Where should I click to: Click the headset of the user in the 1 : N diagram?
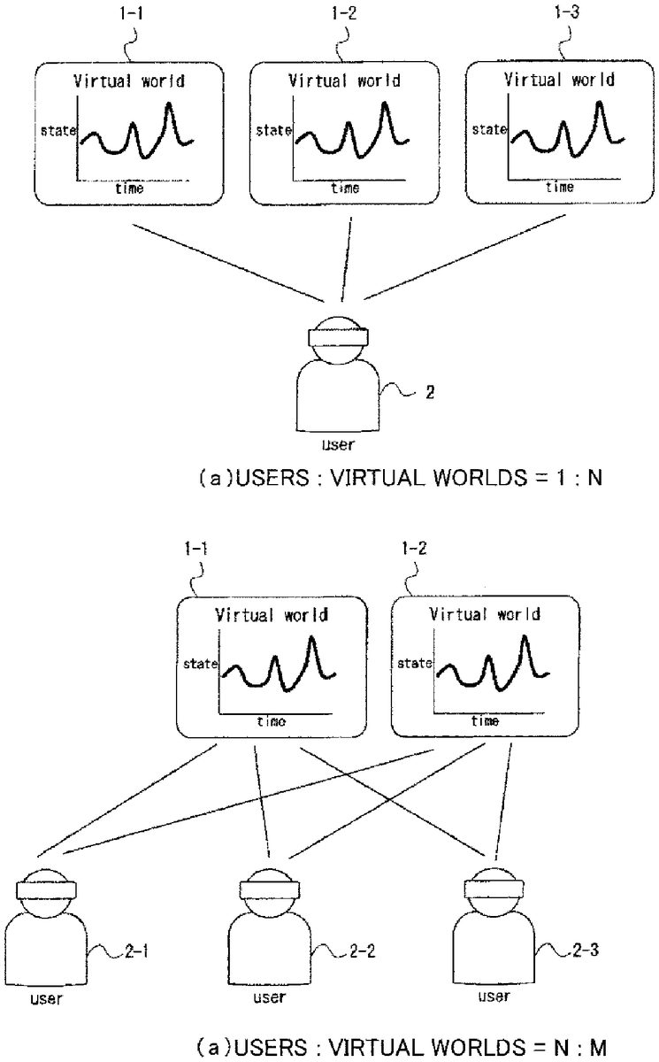tap(338, 335)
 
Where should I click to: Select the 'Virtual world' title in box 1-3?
tap(559, 79)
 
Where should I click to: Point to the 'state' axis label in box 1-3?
tap(488, 129)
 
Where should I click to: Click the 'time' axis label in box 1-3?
tap(559, 187)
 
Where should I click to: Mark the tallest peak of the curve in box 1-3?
tap(601, 104)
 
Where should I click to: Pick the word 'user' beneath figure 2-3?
tap(493, 997)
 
